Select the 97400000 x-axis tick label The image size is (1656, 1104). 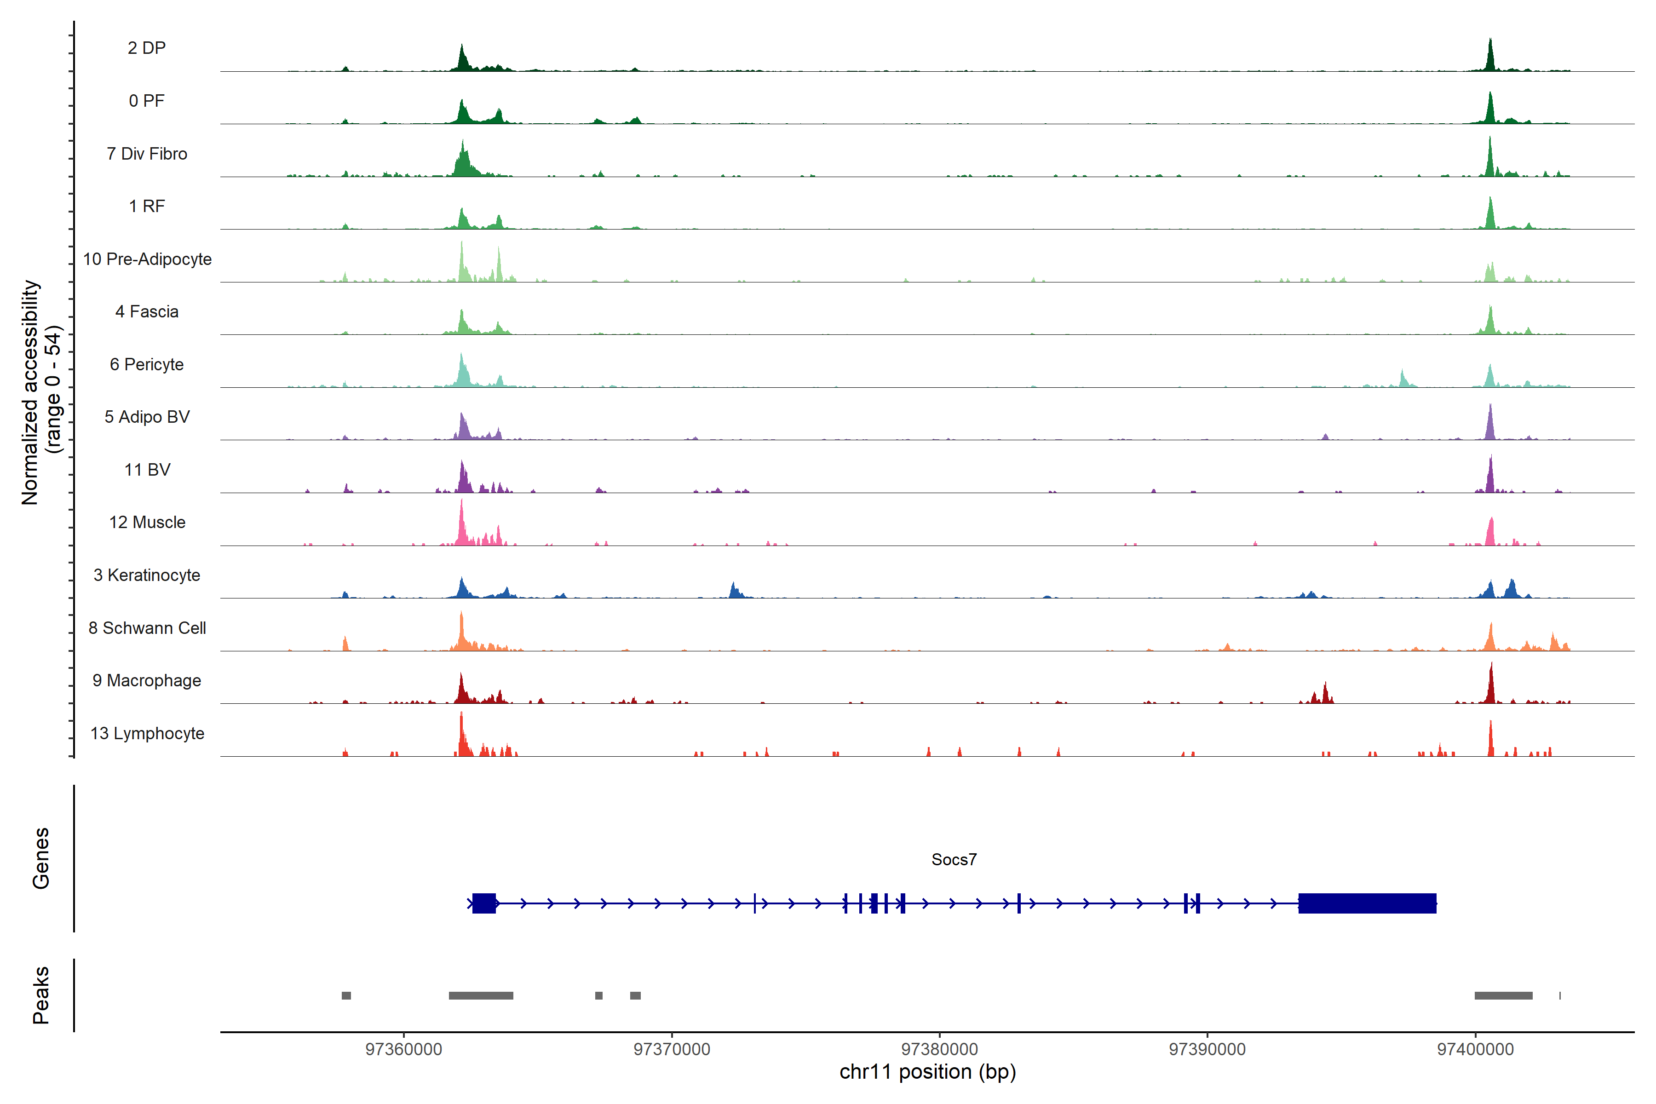point(1475,1049)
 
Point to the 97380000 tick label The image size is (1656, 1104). point(939,1049)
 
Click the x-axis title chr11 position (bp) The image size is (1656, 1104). point(927,1072)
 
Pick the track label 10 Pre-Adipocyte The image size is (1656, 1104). point(147,259)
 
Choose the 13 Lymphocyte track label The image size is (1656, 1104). point(147,734)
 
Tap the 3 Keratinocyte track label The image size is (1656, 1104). point(147,575)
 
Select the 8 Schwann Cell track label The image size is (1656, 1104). point(147,628)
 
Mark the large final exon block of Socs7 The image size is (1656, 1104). point(1367,903)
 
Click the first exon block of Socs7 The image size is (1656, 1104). point(484,903)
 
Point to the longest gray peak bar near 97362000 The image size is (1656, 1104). point(481,995)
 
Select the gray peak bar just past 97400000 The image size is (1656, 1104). point(1503,995)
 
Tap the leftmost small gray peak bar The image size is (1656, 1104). point(346,995)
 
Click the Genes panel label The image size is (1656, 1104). point(41,858)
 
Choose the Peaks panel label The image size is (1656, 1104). point(41,995)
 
